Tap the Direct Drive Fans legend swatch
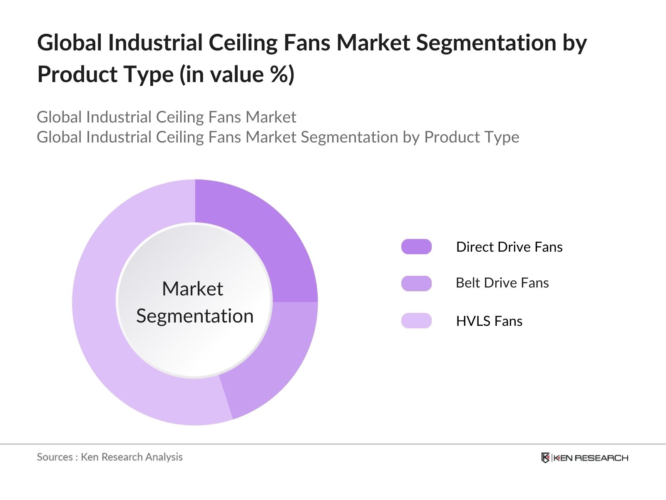point(416,247)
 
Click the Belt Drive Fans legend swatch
point(416,283)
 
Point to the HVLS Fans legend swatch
point(416,321)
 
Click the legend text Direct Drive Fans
point(509,247)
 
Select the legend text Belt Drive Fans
point(502,283)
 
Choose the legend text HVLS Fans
point(489,321)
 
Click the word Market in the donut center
point(192,289)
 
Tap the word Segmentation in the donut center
point(195,316)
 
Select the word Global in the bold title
point(70,43)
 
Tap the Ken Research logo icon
point(545,458)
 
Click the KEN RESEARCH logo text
point(590,458)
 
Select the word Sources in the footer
point(55,457)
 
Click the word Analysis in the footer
point(164,457)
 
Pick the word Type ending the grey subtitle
point(504,137)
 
